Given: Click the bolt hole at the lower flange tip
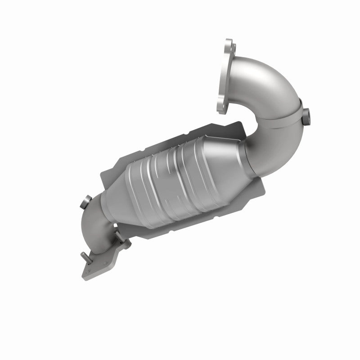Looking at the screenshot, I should point(89,271).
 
